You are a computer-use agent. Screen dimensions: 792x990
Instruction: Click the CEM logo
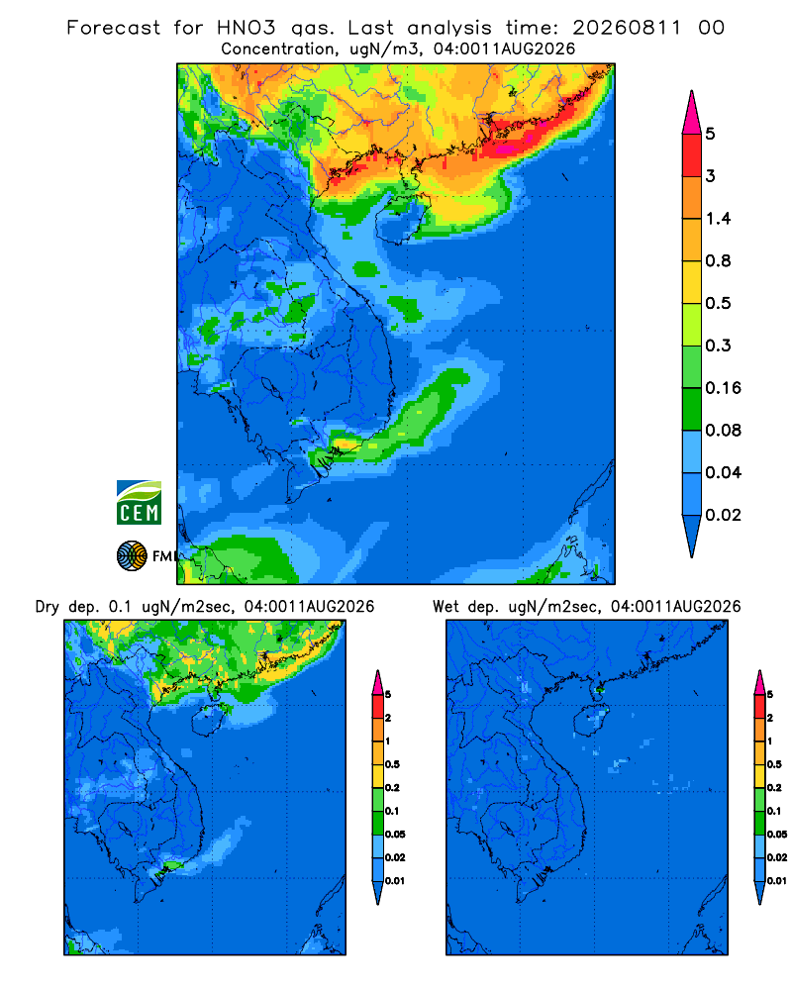[139, 502]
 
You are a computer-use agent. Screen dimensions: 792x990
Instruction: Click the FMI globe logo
[132, 555]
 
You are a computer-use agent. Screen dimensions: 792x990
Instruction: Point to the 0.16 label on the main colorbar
[723, 388]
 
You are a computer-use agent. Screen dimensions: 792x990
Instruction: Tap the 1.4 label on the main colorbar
[718, 219]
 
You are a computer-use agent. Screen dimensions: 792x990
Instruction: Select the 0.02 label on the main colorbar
[723, 515]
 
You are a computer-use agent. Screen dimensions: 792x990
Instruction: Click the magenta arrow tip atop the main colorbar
[692, 112]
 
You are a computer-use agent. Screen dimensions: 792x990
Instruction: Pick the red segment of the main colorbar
[692, 154]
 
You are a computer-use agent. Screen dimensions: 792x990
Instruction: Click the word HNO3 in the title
[246, 28]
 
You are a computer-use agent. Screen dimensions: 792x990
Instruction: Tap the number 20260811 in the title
[627, 28]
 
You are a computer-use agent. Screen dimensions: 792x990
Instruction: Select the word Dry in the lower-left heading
[48, 607]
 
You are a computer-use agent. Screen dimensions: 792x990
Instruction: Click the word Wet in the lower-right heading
[445, 607]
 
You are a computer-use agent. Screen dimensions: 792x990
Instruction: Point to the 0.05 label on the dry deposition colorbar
[395, 834]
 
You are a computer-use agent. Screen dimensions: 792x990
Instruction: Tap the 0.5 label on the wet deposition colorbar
[774, 764]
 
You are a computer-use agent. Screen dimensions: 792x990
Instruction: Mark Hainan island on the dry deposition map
[209, 721]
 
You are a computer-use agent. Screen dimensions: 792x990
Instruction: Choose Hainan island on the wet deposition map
[591, 721]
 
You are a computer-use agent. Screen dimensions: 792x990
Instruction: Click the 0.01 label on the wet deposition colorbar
[777, 881]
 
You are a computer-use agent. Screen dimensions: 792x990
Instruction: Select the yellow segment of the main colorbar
[692, 282]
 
